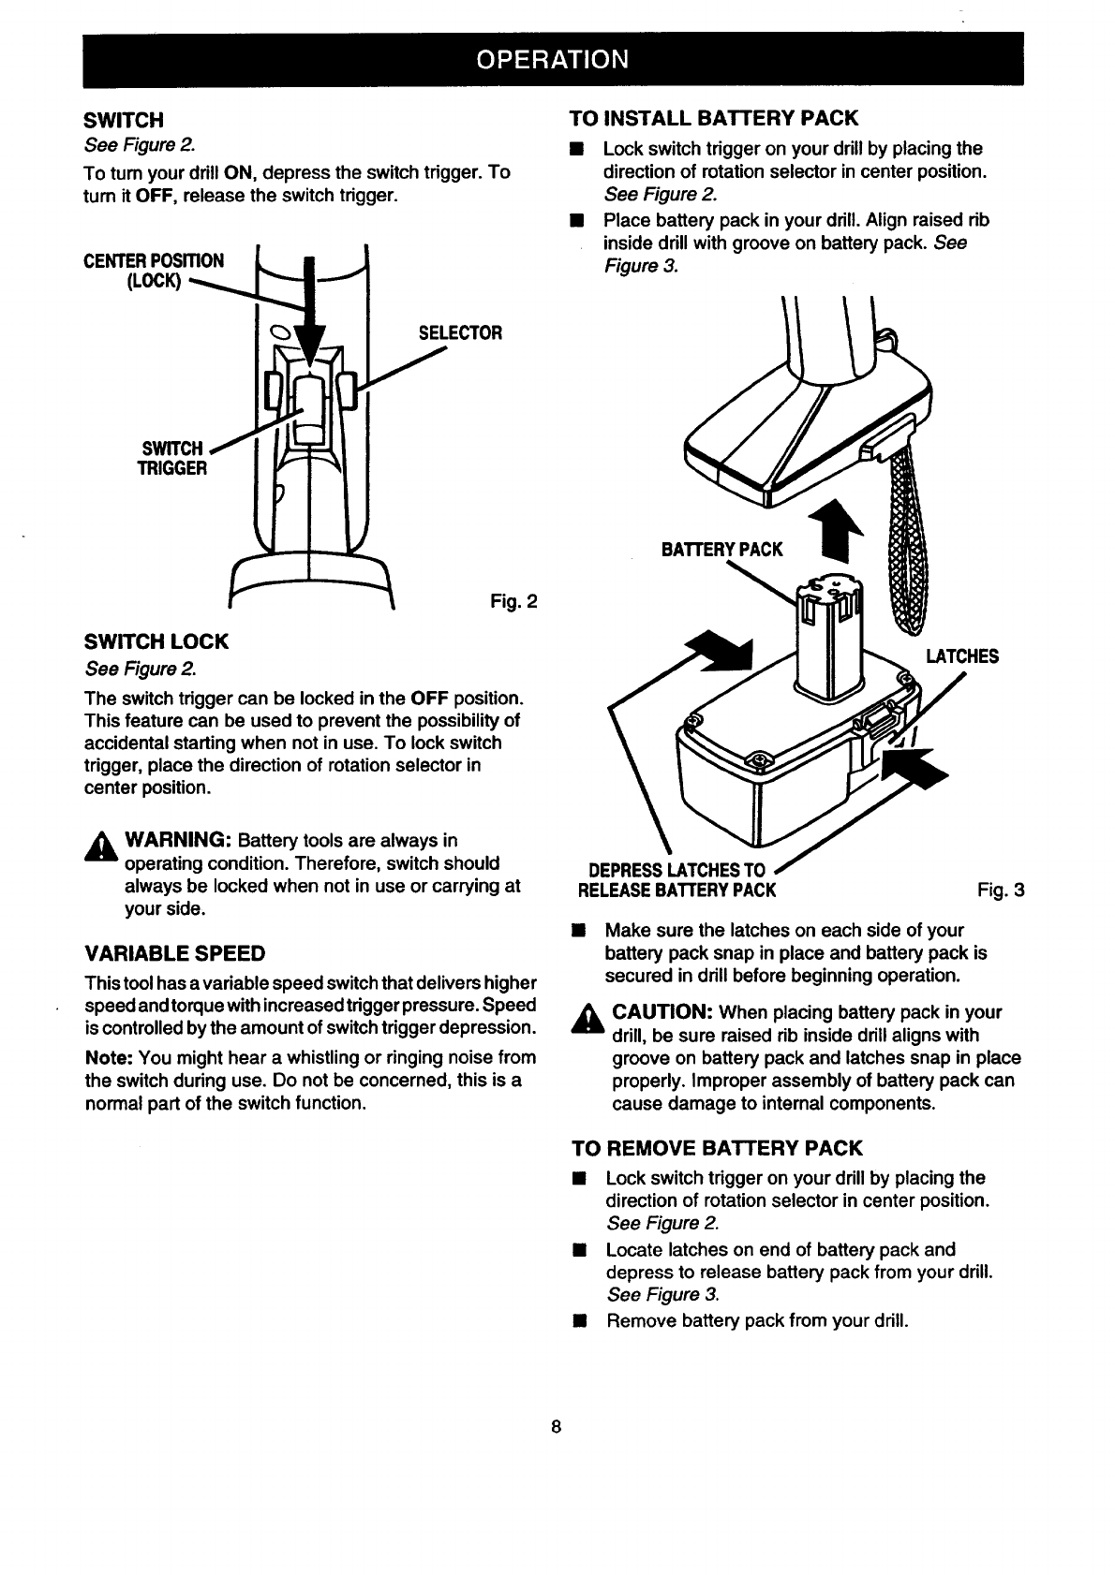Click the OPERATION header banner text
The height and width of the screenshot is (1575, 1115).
[552, 59]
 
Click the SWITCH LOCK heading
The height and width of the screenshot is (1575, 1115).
[156, 641]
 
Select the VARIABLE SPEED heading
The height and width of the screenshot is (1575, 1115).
[174, 953]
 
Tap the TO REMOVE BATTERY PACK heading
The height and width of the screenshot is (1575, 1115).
[716, 1148]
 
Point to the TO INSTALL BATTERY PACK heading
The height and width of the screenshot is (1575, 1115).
[713, 118]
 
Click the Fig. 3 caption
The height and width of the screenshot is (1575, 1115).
[1001, 890]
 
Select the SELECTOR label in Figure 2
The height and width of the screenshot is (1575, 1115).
[460, 333]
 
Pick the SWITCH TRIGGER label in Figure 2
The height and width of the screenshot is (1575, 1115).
[172, 458]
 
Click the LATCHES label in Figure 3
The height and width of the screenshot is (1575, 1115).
[961, 656]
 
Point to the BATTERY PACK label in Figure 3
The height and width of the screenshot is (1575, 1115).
[721, 550]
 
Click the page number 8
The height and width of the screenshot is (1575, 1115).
[556, 1427]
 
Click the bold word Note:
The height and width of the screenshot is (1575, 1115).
[109, 1057]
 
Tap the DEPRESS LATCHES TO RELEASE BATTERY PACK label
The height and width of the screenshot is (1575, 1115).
[677, 878]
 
